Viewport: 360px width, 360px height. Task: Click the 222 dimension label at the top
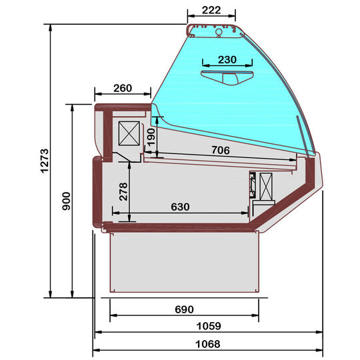point(211,10)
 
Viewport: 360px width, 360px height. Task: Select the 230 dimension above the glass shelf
point(227,60)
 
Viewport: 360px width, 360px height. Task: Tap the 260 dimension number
point(123,88)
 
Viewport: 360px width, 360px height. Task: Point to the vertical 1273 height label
point(45,161)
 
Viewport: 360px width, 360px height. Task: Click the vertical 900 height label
point(67,201)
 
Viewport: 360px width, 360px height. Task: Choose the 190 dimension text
point(151,137)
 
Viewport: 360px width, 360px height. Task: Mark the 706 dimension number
point(221,150)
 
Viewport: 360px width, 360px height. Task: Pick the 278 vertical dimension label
point(123,191)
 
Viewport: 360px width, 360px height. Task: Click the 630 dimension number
point(180,207)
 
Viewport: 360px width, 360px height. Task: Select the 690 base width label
point(184,309)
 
